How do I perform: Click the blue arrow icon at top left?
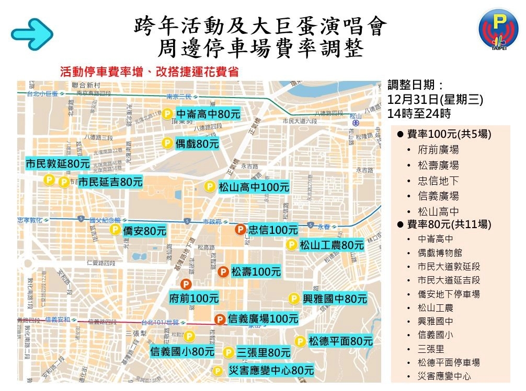click(32, 32)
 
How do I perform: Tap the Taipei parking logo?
click(498, 31)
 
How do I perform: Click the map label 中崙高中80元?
click(208, 114)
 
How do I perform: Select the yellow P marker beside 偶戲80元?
click(167, 143)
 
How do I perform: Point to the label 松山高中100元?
click(254, 187)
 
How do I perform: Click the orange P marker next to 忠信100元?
click(240, 229)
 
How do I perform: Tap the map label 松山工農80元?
click(331, 245)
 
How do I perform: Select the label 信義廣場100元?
click(263, 318)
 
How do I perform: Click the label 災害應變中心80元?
click(271, 371)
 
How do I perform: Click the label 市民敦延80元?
click(58, 163)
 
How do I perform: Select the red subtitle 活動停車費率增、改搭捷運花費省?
click(150, 72)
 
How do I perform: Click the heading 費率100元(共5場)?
click(449, 134)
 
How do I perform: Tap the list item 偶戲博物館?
click(440, 253)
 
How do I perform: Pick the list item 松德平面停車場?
click(449, 362)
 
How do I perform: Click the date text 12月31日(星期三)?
click(435, 99)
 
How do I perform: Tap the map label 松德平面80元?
click(340, 341)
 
